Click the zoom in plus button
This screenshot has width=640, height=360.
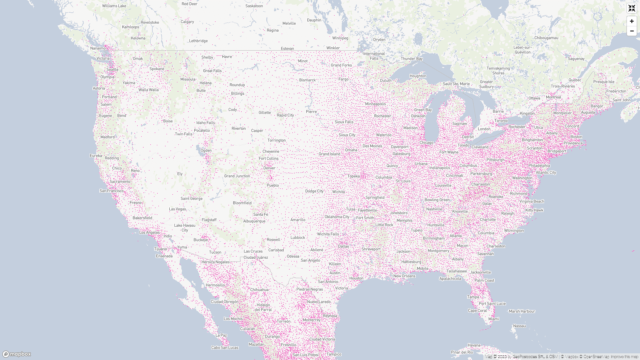[632, 21]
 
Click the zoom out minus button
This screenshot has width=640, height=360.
[632, 31]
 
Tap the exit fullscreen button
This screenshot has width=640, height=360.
[632, 8]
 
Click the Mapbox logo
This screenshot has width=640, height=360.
[17, 354]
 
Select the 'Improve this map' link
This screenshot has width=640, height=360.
[624, 357]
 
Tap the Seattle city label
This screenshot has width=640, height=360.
[112, 70]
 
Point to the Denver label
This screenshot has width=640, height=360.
[269, 168]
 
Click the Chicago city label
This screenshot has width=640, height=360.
[426, 143]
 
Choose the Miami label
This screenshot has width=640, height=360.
[494, 319]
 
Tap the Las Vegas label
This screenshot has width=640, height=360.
[177, 209]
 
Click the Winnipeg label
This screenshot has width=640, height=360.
[340, 38]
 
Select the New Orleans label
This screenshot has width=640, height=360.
[404, 276]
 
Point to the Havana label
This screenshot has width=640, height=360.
[474, 345]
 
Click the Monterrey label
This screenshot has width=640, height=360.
[311, 320]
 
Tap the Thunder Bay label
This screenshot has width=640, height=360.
[412, 59]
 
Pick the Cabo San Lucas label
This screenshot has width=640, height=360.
[225, 348]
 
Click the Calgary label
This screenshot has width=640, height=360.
[187, 22]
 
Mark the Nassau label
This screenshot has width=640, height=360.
[519, 326]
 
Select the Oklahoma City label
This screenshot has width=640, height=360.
[337, 217]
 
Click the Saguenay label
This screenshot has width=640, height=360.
[576, 59]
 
